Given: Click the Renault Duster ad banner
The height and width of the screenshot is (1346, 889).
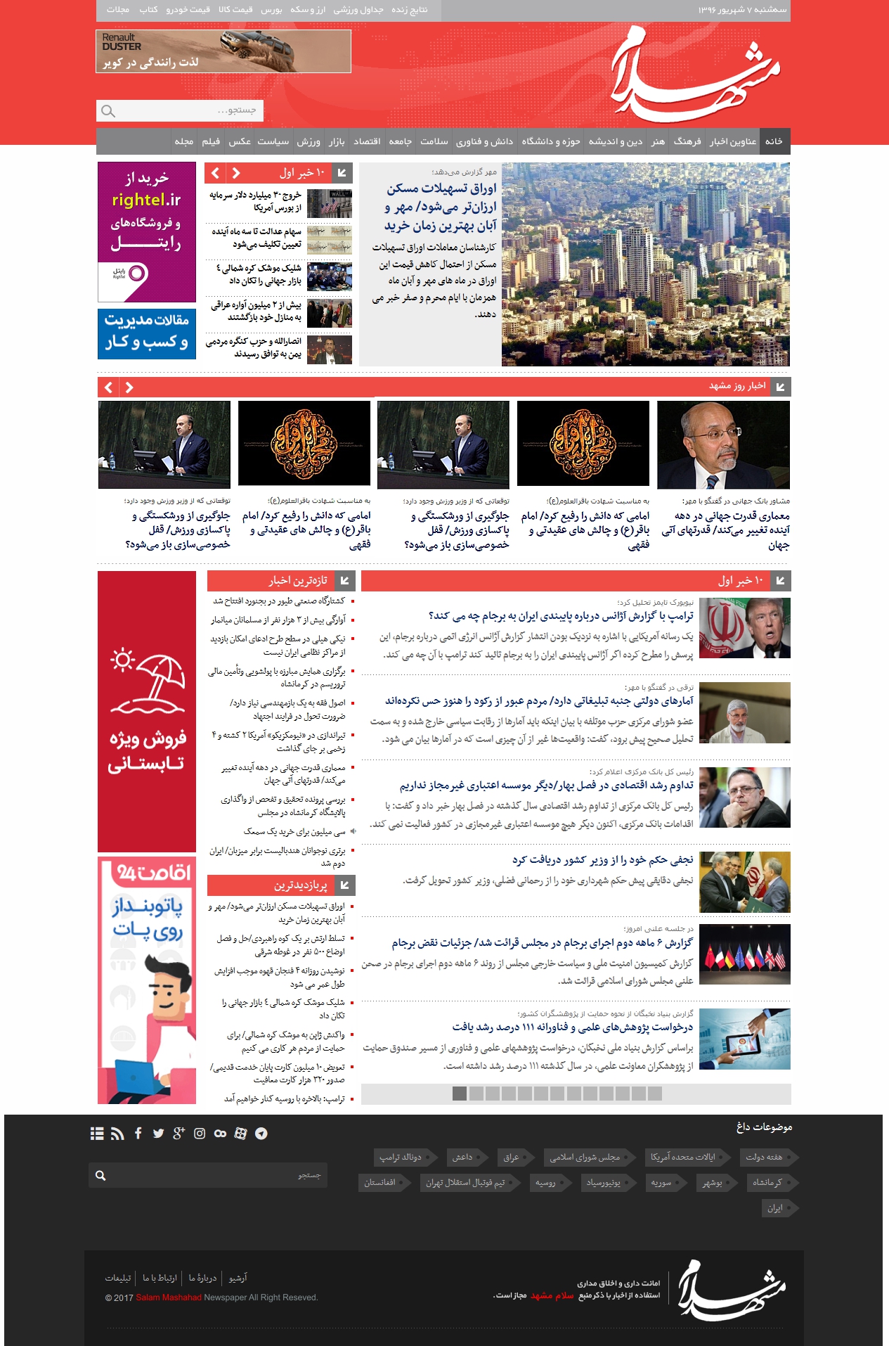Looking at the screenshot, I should pyautogui.click(x=223, y=51).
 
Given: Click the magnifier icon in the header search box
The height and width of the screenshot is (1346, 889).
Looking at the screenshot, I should pyautogui.click(x=108, y=111).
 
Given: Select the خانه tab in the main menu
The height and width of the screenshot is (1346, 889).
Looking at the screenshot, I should pyautogui.click(x=774, y=141).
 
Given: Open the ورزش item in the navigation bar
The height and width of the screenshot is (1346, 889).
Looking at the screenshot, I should pyautogui.click(x=309, y=141).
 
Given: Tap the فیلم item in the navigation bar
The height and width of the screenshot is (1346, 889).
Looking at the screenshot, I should pyautogui.click(x=211, y=141).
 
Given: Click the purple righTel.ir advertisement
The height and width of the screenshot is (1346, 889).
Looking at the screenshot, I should pyautogui.click(x=147, y=231).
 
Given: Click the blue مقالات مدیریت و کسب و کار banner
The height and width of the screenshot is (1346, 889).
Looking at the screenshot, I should pyautogui.click(x=147, y=333).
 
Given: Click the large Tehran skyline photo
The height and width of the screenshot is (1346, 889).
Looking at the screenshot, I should pyautogui.click(x=645, y=264).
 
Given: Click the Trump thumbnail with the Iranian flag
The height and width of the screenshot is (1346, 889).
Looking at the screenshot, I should pyautogui.click(x=745, y=628).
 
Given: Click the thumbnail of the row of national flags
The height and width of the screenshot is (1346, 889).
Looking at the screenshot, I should pyautogui.click(x=745, y=954).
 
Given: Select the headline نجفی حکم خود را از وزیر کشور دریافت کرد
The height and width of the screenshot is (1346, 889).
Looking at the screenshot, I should pyautogui.click(x=602, y=859).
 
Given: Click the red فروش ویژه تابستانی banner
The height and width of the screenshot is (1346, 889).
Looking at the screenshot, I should pyautogui.click(x=147, y=711).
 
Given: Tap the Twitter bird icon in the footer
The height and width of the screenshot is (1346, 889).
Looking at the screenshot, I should pyautogui.click(x=158, y=1133).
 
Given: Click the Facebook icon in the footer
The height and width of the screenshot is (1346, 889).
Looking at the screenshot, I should pyautogui.click(x=138, y=1133).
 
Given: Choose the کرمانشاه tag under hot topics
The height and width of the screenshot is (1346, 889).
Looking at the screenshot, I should pyautogui.click(x=767, y=1182).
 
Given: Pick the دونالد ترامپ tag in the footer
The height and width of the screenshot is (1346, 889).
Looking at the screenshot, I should pyautogui.click(x=401, y=1157).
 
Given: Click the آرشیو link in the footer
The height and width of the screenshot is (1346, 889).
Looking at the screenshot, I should pyautogui.click(x=238, y=1277).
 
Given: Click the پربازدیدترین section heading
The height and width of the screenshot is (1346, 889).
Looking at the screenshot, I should pyautogui.click(x=300, y=885).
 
